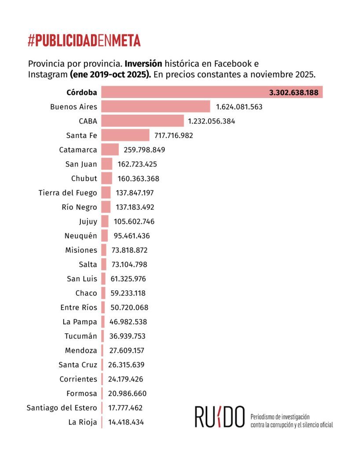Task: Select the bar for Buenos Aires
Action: click(x=156, y=107)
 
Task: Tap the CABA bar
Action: click(x=142, y=121)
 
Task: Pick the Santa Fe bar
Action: click(x=125, y=135)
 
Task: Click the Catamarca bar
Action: click(x=110, y=150)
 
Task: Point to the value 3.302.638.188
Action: click(x=294, y=92)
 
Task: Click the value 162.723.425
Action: click(x=137, y=164)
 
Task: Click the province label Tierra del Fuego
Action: click(x=68, y=192)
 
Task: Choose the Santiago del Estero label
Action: click(x=62, y=407)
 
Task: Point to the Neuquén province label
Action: click(x=80, y=236)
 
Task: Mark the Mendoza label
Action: click(x=81, y=350)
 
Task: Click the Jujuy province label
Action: click(x=88, y=221)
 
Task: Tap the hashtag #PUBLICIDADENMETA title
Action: click(x=84, y=41)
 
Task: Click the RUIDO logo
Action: click(x=219, y=417)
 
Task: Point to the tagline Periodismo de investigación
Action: click(x=280, y=416)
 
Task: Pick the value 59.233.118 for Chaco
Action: click(x=128, y=293)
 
